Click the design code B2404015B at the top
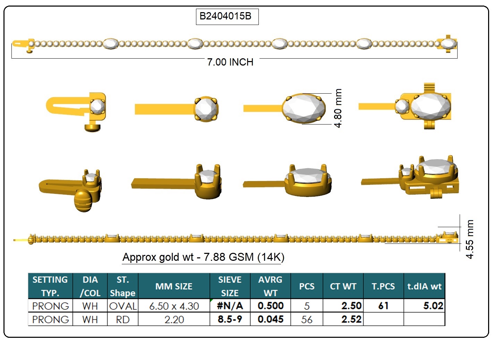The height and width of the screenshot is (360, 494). coord(225,16)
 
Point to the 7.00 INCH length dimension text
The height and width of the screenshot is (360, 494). coord(230,62)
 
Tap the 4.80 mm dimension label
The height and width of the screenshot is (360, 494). coord(338,108)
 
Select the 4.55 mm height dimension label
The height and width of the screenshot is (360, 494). coord(470,239)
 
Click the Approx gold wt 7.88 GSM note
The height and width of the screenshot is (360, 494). coord(203,257)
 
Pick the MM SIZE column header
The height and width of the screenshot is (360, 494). coord(174,286)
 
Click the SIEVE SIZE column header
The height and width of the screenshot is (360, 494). coord(230,286)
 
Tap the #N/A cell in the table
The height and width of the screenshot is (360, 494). coord(230,306)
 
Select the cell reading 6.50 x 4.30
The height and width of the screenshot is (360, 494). coord(174,306)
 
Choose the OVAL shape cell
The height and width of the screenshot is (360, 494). coord(123,306)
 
